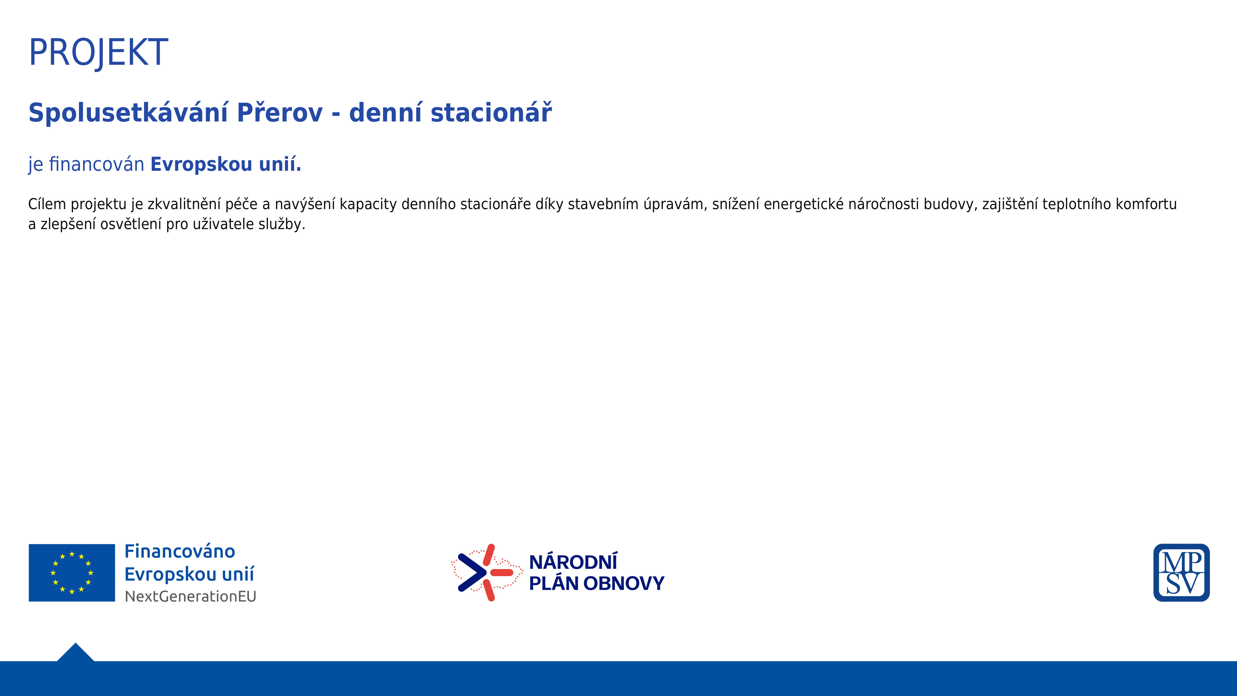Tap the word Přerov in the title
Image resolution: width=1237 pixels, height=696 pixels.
click(280, 112)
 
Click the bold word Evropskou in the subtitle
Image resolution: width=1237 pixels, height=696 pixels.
click(202, 165)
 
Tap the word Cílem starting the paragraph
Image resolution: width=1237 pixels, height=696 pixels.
click(47, 204)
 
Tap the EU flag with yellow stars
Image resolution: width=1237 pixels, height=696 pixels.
click(72, 573)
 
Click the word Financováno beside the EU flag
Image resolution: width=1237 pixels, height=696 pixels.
click(180, 551)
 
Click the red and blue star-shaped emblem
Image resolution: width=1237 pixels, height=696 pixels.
click(486, 573)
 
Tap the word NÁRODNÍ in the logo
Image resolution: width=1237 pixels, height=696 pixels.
click(573, 562)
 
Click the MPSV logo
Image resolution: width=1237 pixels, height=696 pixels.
click(1181, 573)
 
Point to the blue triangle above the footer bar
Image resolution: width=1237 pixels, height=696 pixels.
click(75, 653)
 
